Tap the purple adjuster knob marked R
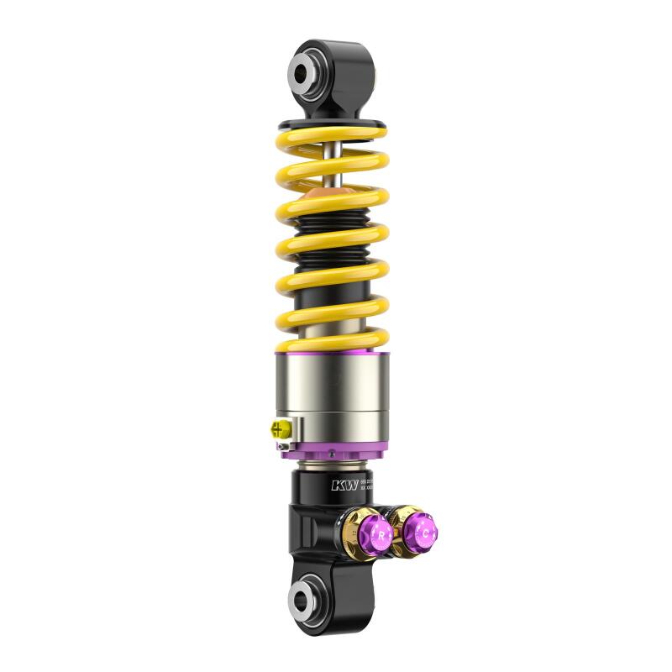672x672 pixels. pyautogui.click(x=375, y=534)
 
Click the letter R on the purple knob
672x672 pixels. pyautogui.click(x=379, y=535)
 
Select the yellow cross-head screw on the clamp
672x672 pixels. pyautogui.click(x=276, y=429)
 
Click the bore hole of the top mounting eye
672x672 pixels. pyautogui.click(x=305, y=71)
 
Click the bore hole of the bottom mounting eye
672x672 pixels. pyautogui.click(x=303, y=598)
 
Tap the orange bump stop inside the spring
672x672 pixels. pyautogui.click(x=331, y=198)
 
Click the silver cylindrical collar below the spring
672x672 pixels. pyautogui.click(x=332, y=395)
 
